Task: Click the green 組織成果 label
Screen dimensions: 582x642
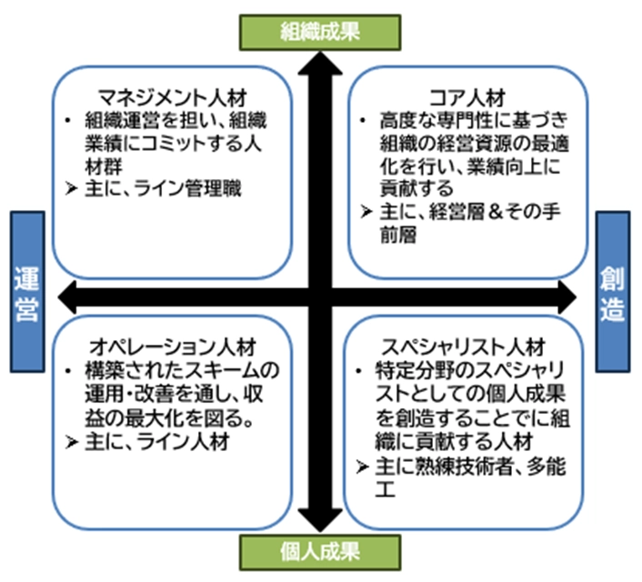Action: pos(320,31)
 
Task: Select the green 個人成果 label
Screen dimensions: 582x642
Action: pos(320,551)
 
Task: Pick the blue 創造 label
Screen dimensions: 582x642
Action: pos(616,292)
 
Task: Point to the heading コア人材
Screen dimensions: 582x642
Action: pos(466,97)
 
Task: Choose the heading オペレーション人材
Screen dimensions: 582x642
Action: pos(174,346)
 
